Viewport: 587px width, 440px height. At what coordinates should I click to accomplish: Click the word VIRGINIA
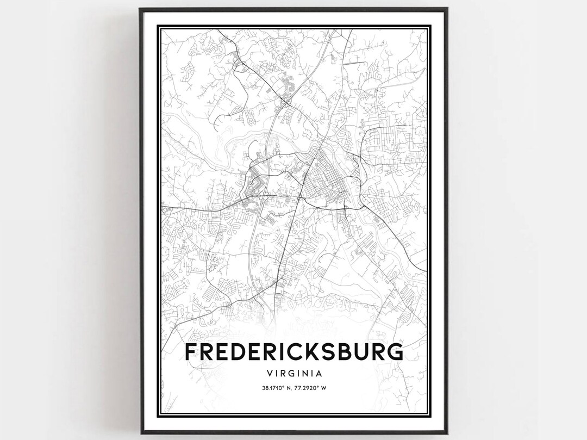294,374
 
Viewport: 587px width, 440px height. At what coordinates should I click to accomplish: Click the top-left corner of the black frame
140,8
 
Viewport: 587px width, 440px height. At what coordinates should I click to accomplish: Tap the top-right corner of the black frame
447,8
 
